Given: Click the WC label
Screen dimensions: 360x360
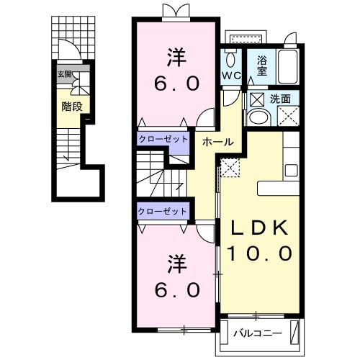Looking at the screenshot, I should click(230, 75).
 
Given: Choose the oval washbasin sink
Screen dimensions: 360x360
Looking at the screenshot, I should click(256, 117).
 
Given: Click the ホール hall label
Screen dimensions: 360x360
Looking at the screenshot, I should click(217, 142).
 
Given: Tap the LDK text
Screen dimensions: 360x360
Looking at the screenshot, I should click(260, 229).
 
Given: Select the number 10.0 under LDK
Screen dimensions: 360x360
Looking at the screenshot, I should click(260, 253).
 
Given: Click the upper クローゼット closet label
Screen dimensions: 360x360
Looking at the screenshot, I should click(163, 138).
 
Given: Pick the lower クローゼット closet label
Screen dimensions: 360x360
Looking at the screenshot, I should click(163, 211).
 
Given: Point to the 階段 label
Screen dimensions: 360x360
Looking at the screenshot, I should click(71, 106).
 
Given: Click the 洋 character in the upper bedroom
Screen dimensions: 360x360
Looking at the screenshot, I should click(174, 56).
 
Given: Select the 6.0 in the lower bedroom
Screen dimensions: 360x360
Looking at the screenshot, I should click(174, 289).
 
